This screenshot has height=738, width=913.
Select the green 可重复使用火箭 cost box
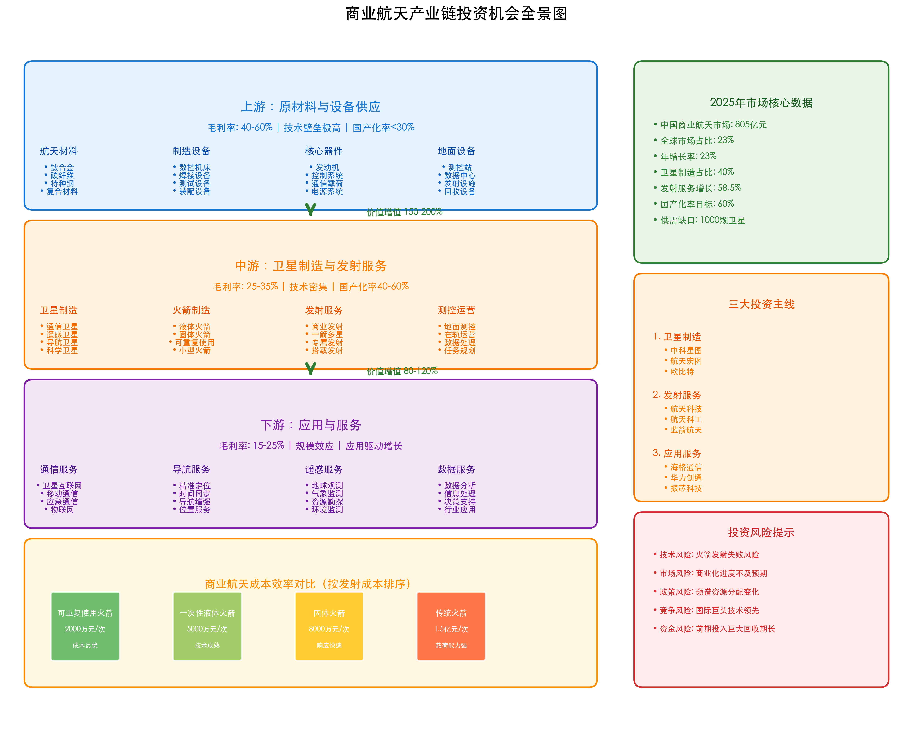(85, 626)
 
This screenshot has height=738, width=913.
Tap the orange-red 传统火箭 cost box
(451, 626)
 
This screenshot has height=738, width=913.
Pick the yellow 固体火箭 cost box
(329, 626)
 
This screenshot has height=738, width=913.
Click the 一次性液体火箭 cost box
(207, 626)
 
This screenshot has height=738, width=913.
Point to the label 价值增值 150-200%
(404, 212)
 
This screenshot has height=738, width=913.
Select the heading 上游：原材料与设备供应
(311, 107)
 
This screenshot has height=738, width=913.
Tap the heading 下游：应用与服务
(311, 425)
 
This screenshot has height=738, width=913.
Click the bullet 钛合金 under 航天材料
(62, 168)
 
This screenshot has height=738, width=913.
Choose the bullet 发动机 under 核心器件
(327, 168)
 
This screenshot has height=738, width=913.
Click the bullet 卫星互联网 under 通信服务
(62, 485)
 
